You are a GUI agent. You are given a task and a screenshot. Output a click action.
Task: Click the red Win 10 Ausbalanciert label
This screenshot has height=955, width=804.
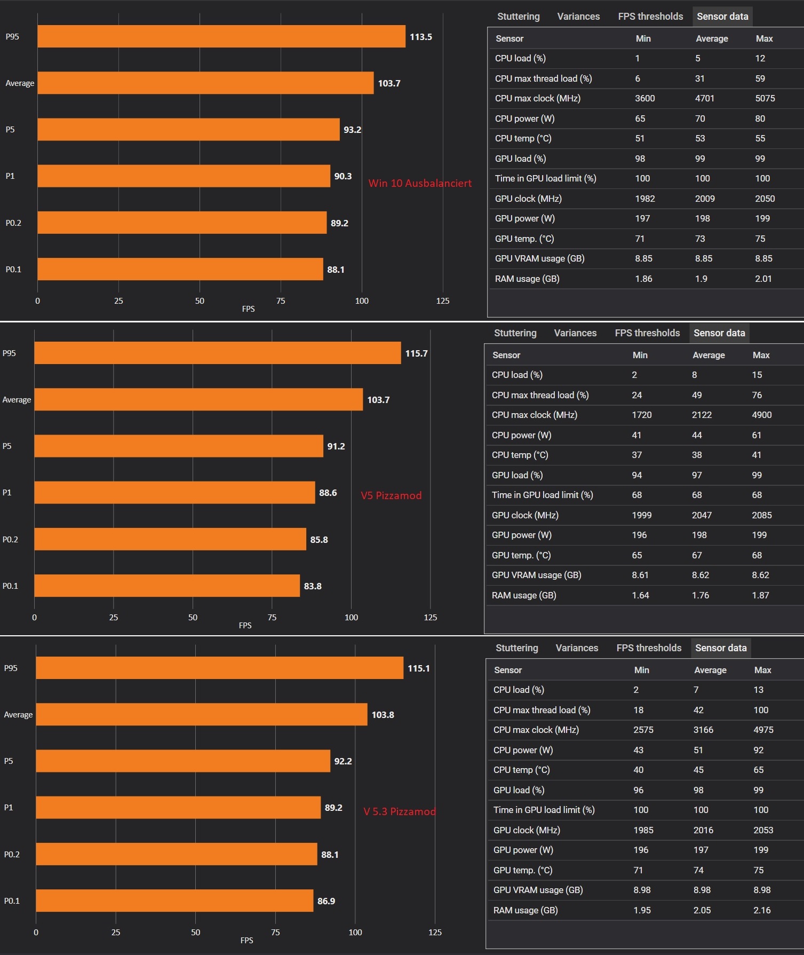point(420,183)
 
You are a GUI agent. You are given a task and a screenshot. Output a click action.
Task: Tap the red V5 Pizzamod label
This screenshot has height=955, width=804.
point(391,495)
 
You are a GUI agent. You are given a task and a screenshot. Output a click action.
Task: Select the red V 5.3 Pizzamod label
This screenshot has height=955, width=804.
point(400,811)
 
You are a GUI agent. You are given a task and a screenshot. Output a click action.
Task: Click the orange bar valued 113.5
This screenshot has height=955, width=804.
point(221,36)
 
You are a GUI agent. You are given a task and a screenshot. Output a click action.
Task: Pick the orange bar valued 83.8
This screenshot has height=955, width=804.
point(167,586)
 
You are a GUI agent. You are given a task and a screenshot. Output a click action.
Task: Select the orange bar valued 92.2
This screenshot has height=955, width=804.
point(183,761)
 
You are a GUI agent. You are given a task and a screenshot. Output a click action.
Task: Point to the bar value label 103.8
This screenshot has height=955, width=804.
point(383,715)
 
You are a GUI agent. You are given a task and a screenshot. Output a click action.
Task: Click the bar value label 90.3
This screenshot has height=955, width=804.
point(343,176)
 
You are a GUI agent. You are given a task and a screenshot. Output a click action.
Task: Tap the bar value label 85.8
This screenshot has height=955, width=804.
point(319,540)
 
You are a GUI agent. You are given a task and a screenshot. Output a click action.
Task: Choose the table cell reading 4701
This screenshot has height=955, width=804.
point(705,98)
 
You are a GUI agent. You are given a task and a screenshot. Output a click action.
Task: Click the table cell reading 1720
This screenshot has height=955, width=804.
point(642,415)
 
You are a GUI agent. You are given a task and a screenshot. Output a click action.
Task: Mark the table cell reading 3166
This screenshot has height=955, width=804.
point(703,730)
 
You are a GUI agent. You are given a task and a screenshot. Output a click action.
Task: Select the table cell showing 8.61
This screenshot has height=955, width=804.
point(640,575)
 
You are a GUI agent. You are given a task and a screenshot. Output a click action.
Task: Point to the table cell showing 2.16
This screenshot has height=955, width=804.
point(762,910)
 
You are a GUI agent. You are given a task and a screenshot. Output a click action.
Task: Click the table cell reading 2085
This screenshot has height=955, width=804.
point(762,515)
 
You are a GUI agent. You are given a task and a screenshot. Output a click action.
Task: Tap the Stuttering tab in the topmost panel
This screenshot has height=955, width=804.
point(518,17)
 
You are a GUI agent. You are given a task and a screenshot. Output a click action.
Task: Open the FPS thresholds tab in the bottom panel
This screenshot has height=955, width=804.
point(649,648)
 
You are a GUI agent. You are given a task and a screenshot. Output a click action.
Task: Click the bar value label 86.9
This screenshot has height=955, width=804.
point(327,901)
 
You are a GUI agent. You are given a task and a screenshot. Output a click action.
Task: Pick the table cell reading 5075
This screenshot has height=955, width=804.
point(765,98)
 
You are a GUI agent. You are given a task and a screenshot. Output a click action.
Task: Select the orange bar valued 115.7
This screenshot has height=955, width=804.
point(217,353)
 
